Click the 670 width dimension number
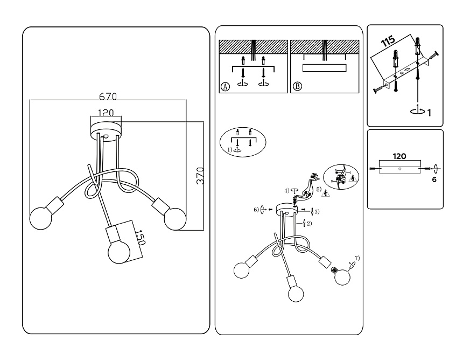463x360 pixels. [108, 97]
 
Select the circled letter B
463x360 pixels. [297, 86]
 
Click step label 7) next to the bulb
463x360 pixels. [357, 258]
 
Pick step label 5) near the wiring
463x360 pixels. [319, 189]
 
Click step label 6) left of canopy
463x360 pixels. [257, 209]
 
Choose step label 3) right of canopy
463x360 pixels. [317, 210]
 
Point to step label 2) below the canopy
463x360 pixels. [309, 223]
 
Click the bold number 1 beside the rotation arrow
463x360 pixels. [429, 113]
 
